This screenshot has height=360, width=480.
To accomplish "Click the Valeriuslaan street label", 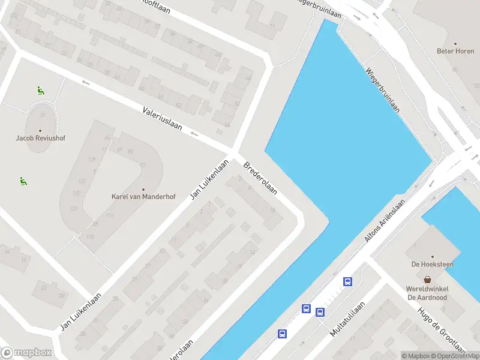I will coord(162,118).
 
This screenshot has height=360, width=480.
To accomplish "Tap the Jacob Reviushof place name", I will coord(40,138).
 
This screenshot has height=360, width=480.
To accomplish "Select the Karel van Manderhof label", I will coord(143,196).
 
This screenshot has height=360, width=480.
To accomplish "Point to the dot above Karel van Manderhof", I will coord(143,188).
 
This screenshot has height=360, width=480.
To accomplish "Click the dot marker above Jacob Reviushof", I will coord(40,130).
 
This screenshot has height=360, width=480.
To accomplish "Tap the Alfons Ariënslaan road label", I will coord(385,221).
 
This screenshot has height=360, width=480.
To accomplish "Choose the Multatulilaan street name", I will coord(347,319).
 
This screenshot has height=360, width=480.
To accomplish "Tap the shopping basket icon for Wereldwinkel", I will coord(428,279).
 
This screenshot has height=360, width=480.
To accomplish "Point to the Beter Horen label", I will coord(455,51).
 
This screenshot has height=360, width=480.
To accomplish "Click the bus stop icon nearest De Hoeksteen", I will coord(347,281).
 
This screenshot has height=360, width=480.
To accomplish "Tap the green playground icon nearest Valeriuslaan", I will coord(40,91).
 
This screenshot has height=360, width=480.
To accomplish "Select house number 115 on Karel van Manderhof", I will coord(90,237).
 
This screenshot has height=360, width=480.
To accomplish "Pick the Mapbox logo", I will coord(26,352).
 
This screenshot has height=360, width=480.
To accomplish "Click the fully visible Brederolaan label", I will coord(260,178).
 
